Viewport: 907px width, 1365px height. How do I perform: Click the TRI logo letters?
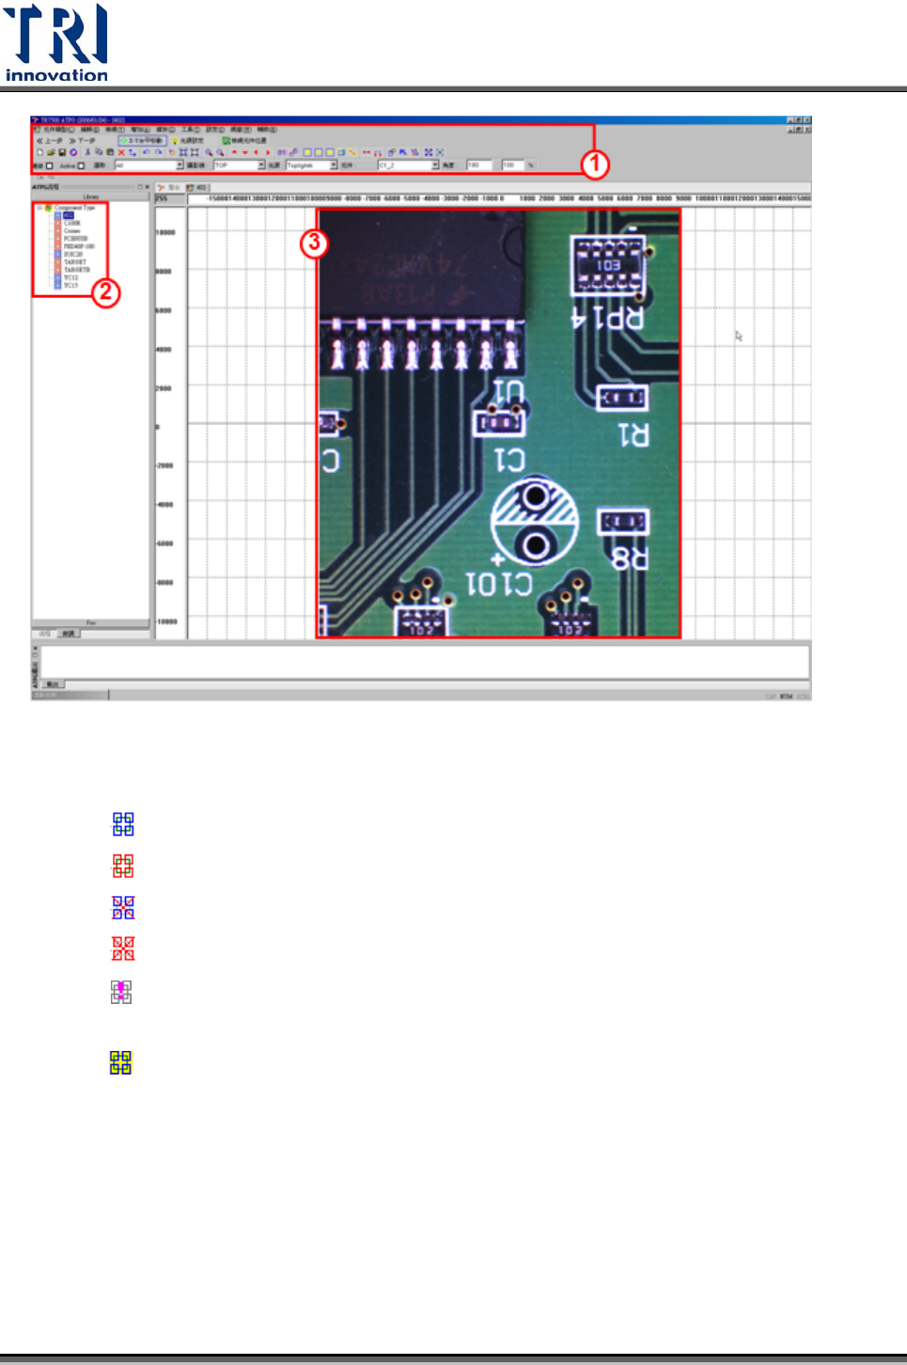tap(56, 35)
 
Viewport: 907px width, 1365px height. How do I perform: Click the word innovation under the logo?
tap(56, 75)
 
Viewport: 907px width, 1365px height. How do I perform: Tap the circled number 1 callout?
tap(594, 165)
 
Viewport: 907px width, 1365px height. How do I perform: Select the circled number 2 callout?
tap(105, 292)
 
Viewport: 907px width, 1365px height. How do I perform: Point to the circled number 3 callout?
tap(314, 243)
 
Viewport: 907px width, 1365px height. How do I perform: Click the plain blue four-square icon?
tap(123, 824)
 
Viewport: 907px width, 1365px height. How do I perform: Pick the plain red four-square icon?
tap(123, 866)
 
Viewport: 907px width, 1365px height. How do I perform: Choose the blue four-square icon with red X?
tap(123, 907)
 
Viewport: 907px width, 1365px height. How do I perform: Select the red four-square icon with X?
tap(123, 948)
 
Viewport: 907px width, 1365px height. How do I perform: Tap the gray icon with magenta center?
tap(121, 992)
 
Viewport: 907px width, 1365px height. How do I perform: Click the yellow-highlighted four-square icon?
tap(120, 1062)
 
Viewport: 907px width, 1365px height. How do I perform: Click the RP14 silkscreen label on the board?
tap(608, 319)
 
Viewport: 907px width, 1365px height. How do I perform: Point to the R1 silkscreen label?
tap(633, 435)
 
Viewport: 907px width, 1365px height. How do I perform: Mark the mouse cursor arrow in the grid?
tap(739, 336)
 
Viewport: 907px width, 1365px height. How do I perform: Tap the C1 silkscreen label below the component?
tap(509, 460)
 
